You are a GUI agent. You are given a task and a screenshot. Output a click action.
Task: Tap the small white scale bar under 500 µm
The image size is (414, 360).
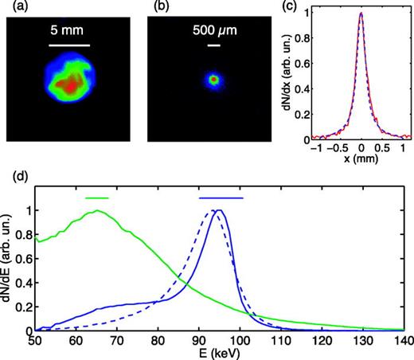(x=213, y=46)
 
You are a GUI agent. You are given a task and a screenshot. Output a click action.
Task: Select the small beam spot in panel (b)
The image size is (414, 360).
(x=213, y=79)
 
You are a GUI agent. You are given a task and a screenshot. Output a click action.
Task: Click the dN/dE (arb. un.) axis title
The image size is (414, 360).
(x=10, y=267)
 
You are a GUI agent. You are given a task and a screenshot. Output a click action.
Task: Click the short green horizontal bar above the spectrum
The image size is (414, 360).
(x=96, y=197)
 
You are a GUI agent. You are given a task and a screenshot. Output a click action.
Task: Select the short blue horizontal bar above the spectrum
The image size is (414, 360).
(x=221, y=197)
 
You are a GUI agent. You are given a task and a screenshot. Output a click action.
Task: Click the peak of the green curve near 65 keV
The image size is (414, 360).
(x=98, y=211)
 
